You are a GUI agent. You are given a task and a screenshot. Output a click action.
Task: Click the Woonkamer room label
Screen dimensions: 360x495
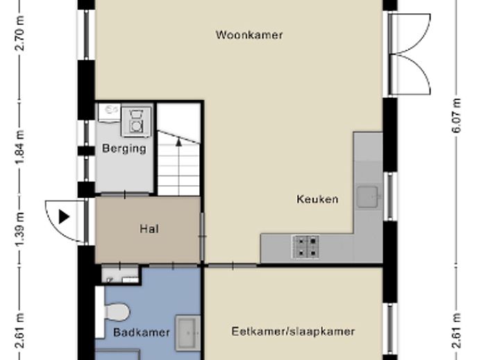pos(249,35)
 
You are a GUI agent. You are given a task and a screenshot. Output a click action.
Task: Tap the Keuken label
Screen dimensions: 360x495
pos(317,200)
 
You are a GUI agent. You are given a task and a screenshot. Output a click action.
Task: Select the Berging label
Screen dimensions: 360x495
pos(124,148)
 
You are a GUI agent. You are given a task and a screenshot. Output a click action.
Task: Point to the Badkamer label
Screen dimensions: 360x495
pos(142,332)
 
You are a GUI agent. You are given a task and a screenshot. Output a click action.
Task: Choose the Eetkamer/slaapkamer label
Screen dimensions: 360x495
pos(293,332)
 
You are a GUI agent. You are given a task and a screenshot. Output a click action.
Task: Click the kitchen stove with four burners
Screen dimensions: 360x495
pos(306,246)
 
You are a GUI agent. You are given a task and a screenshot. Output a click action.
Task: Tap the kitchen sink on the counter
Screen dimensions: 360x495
pos(369,198)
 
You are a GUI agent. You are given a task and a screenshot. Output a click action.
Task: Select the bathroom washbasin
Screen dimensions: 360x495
pos(187,331)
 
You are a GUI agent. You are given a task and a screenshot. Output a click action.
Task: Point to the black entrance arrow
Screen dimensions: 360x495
pos(64,217)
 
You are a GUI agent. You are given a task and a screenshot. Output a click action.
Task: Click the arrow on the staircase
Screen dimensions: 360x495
pos(178,142)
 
